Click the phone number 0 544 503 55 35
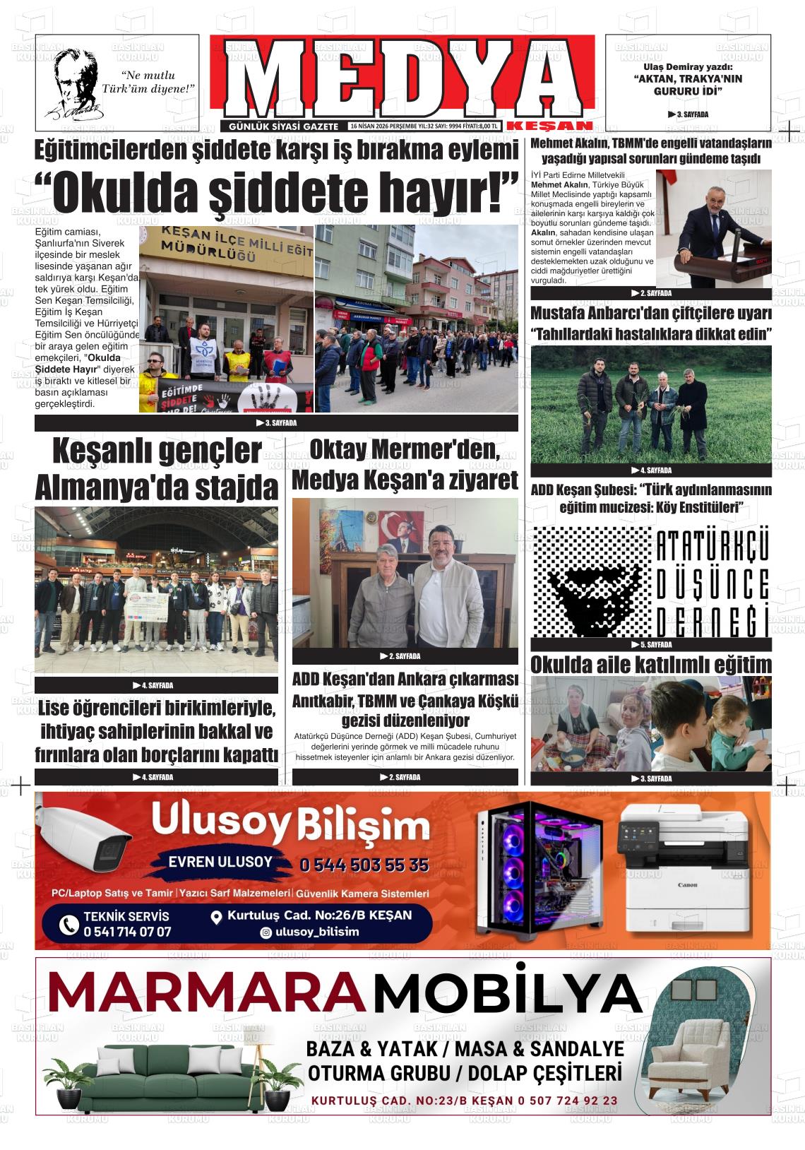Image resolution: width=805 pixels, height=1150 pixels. tap(364, 865)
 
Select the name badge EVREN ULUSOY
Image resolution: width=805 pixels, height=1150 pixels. tap(220, 862)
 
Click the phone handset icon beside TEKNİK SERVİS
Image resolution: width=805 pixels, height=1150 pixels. tap(68, 924)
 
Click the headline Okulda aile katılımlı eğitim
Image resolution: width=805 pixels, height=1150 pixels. tap(650, 665)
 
